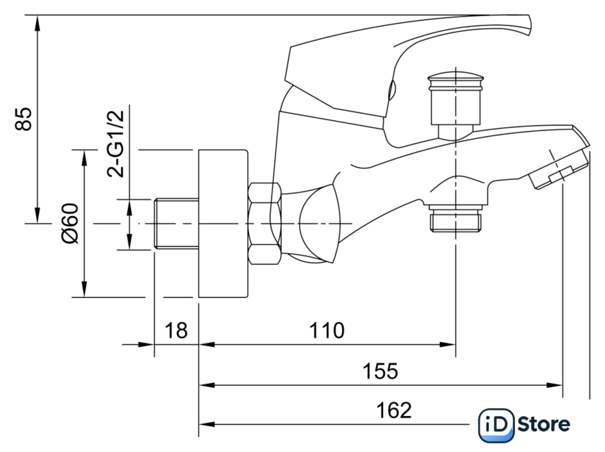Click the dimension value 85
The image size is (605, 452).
24,119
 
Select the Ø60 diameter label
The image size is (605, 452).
71,223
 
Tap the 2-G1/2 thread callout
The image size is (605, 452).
116,143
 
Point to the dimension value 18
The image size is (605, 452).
176,330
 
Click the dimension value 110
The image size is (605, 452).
326,330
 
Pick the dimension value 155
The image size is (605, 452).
380,371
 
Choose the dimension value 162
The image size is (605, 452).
393,410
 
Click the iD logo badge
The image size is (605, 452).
496,425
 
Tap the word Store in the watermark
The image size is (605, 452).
543,425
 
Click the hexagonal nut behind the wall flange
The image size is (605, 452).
264,223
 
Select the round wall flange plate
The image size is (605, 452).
223,223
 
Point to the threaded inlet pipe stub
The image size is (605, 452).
176,223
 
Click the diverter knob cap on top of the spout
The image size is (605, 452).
455,105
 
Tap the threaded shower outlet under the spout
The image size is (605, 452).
456,219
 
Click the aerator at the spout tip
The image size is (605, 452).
558,170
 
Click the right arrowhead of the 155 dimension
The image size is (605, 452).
555,385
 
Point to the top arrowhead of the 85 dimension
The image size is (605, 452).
37,23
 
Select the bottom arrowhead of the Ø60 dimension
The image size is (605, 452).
84,289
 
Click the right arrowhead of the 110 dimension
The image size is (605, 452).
448,345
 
